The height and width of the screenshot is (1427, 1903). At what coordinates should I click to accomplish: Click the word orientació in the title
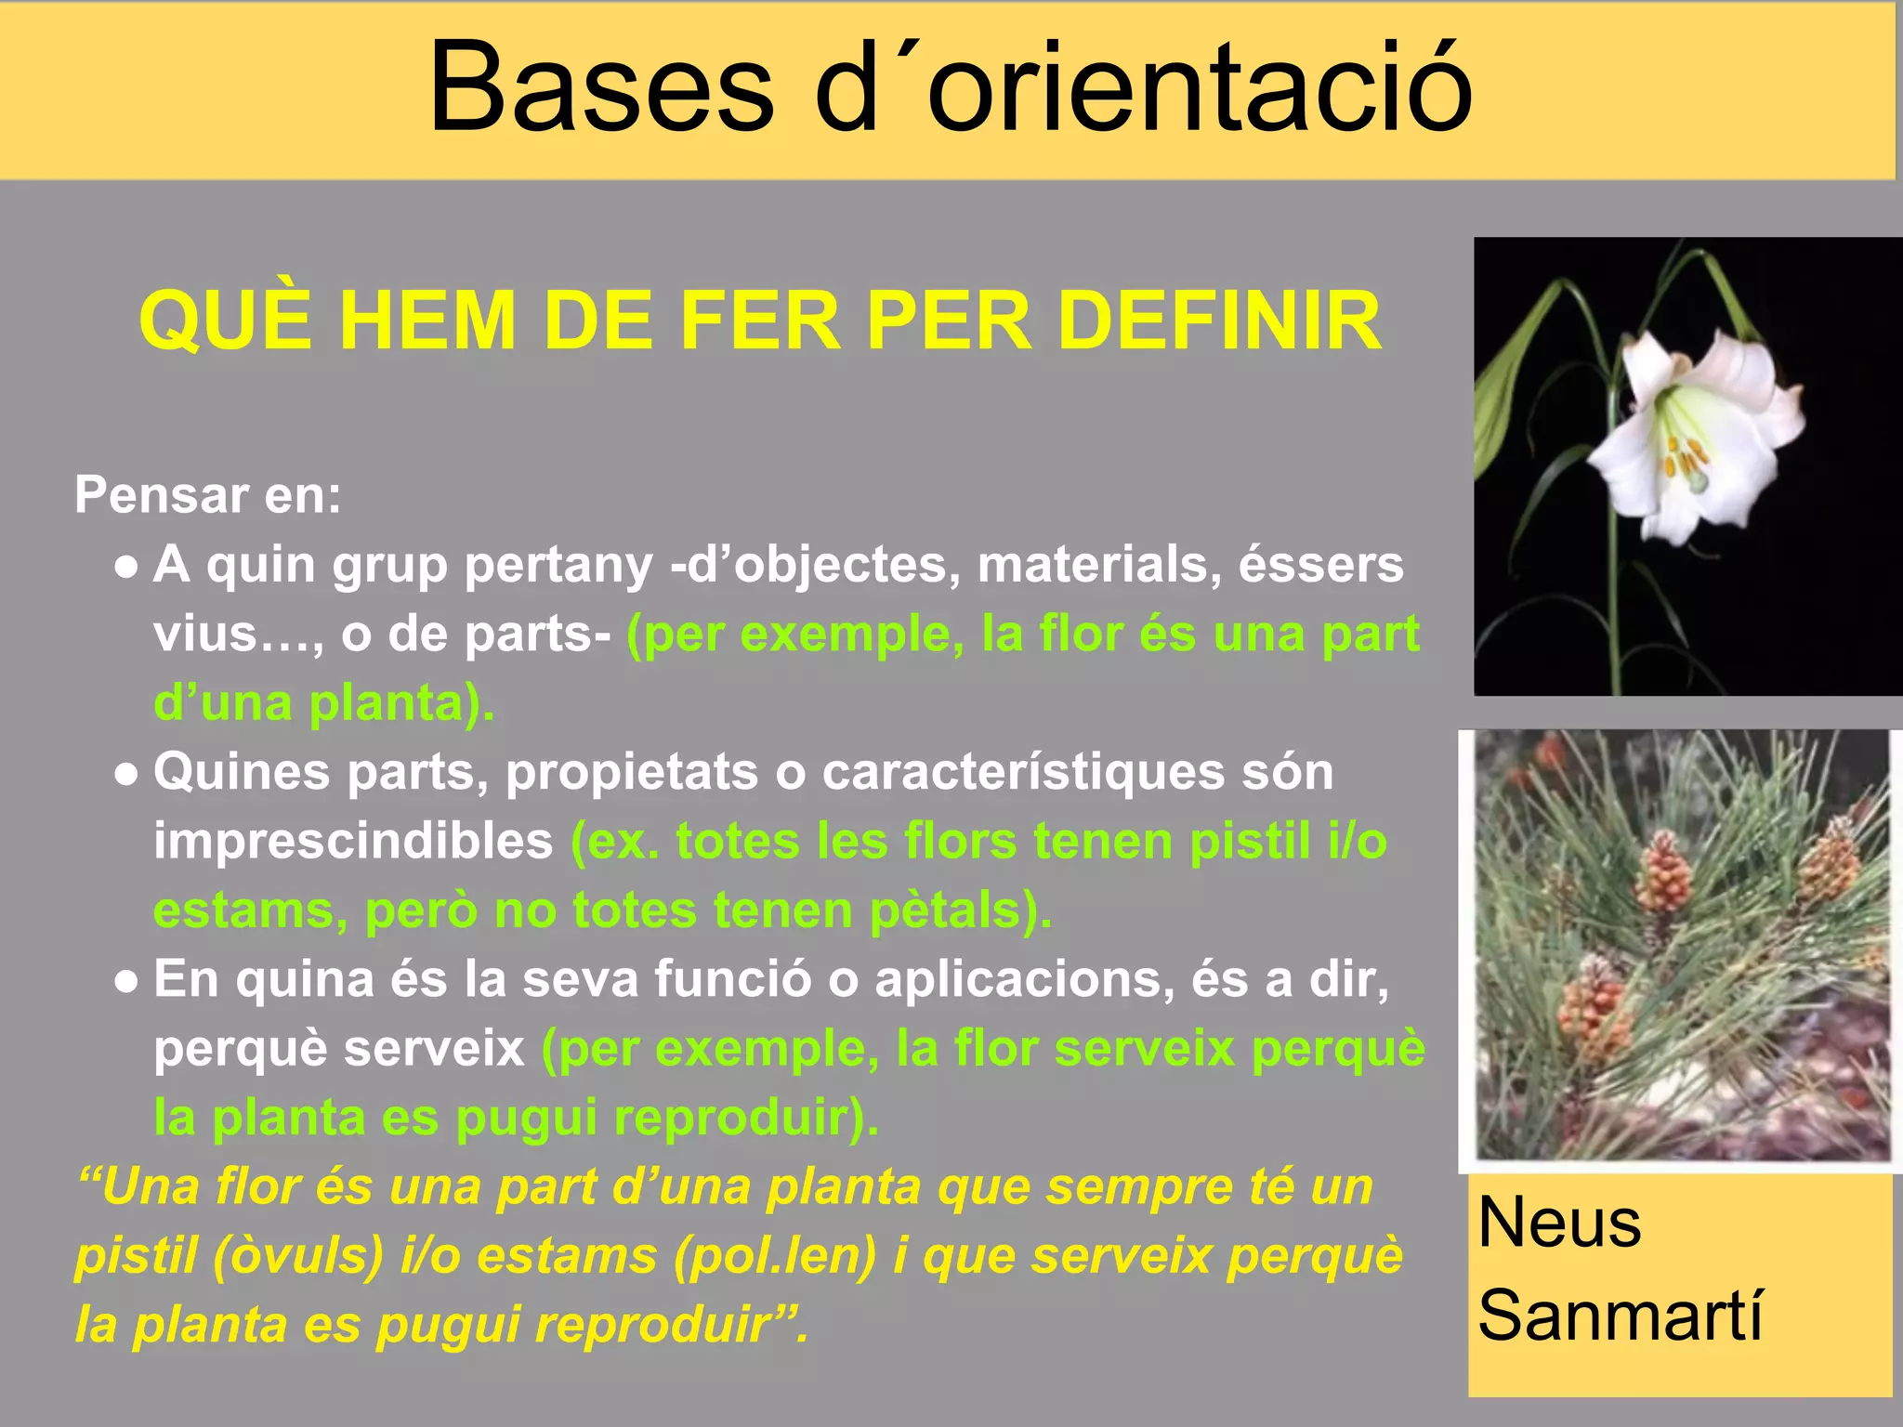click(x=1199, y=89)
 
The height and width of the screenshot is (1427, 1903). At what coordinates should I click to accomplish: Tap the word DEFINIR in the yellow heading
click(x=1218, y=321)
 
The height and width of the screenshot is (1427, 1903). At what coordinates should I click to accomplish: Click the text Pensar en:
click(x=207, y=494)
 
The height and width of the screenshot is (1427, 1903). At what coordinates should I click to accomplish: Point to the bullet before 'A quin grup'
click(x=127, y=567)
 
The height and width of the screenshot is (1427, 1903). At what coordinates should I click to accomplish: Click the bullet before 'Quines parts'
click(x=127, y=774)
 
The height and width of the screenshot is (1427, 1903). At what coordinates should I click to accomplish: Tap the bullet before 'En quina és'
click(x=127, y=982)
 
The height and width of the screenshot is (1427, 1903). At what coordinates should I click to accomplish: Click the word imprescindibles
click(x=353, y=842)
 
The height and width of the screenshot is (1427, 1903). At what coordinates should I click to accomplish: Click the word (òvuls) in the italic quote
click(x=298, y=1256)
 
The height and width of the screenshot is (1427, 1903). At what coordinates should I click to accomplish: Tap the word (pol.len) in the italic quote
click(x=775, y=1256)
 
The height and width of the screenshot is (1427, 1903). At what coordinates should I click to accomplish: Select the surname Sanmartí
click(x=1620, y=1316)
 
